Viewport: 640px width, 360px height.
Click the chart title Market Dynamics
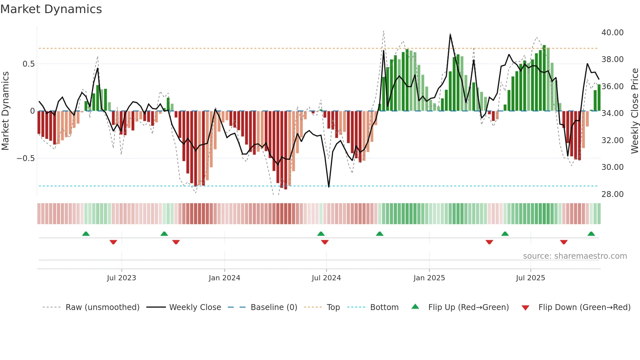click(x=51, y=9)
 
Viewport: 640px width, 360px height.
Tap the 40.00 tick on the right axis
click(x=612, y=33)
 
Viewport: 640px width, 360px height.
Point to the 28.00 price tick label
click(x=612, y=194)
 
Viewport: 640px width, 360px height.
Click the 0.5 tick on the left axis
click(x=28, y=64)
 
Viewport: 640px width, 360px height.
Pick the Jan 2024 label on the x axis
click(x=224, y=278)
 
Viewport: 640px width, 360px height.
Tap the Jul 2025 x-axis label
click(x=530, y=278)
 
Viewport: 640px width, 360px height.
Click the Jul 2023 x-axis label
click(x=121, y=278)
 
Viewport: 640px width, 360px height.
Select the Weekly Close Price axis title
click(x=634, y=111)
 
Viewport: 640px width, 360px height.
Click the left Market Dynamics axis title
click(x=5, y=111)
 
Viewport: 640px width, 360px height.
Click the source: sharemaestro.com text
click(x=575, y=256)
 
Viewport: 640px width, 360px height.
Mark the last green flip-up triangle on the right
click(x=591, y=234)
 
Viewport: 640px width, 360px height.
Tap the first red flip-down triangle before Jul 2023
click(x=113, y=242)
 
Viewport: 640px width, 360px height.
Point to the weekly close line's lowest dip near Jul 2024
click(x=328, y=187)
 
